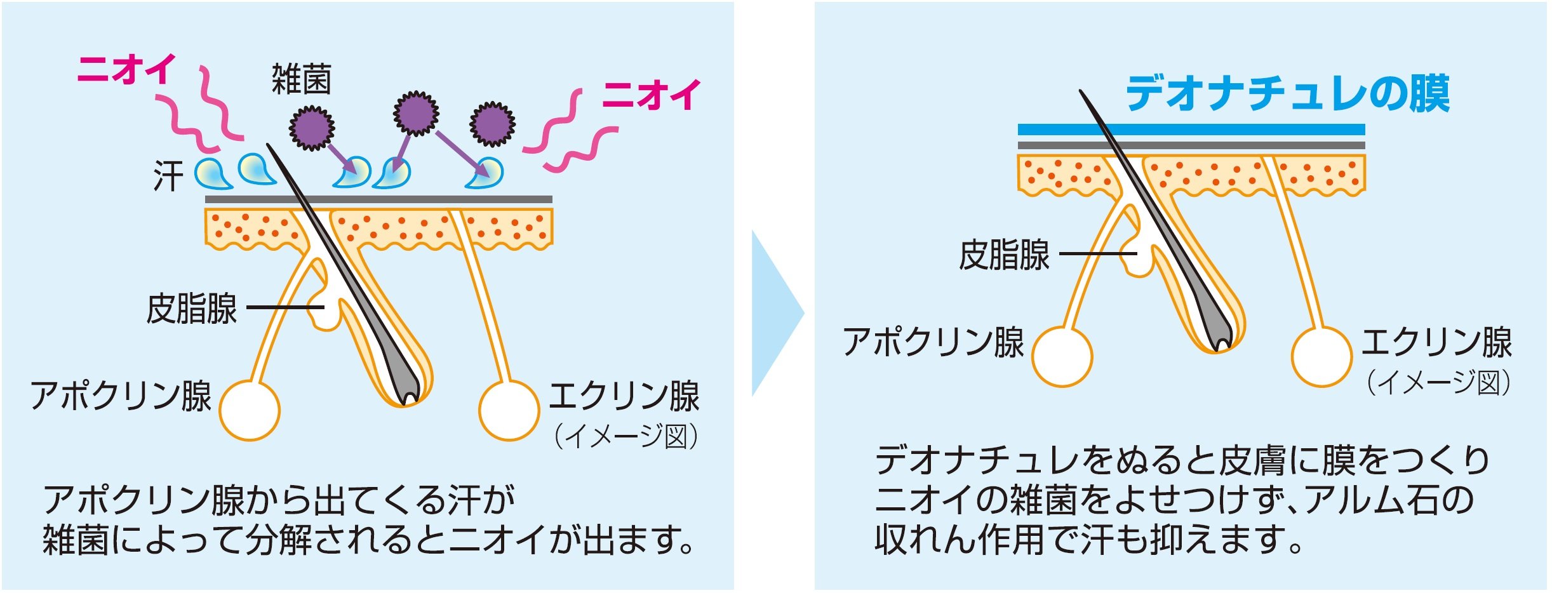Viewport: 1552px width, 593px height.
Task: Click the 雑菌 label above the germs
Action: coord(301,80)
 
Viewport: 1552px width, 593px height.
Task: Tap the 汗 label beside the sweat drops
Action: coord(168,176)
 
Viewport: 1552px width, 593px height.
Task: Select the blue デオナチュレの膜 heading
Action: coord(1288,94)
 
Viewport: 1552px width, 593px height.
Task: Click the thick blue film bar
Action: coord(1191,130)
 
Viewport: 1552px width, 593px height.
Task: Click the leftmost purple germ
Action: coord(312,128)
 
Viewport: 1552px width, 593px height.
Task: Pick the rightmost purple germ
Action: coord(492,124)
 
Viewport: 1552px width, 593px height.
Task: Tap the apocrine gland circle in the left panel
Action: coord(250,411)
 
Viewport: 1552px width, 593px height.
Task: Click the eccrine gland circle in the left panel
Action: coord(509,410)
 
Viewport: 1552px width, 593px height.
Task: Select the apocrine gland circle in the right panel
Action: coord(1062,357)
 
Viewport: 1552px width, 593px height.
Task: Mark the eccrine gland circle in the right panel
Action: coord(1321,356)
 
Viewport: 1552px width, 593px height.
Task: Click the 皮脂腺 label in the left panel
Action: coord(192,309)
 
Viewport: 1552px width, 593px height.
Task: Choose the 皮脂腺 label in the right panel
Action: coord(1004,255)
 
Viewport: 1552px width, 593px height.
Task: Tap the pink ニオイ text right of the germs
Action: coord(652,95)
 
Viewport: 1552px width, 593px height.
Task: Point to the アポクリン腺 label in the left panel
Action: coord(121,396)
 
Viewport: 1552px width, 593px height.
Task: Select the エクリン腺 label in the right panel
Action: coord(1436,343)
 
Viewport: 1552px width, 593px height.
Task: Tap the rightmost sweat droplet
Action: coord(486,173)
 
